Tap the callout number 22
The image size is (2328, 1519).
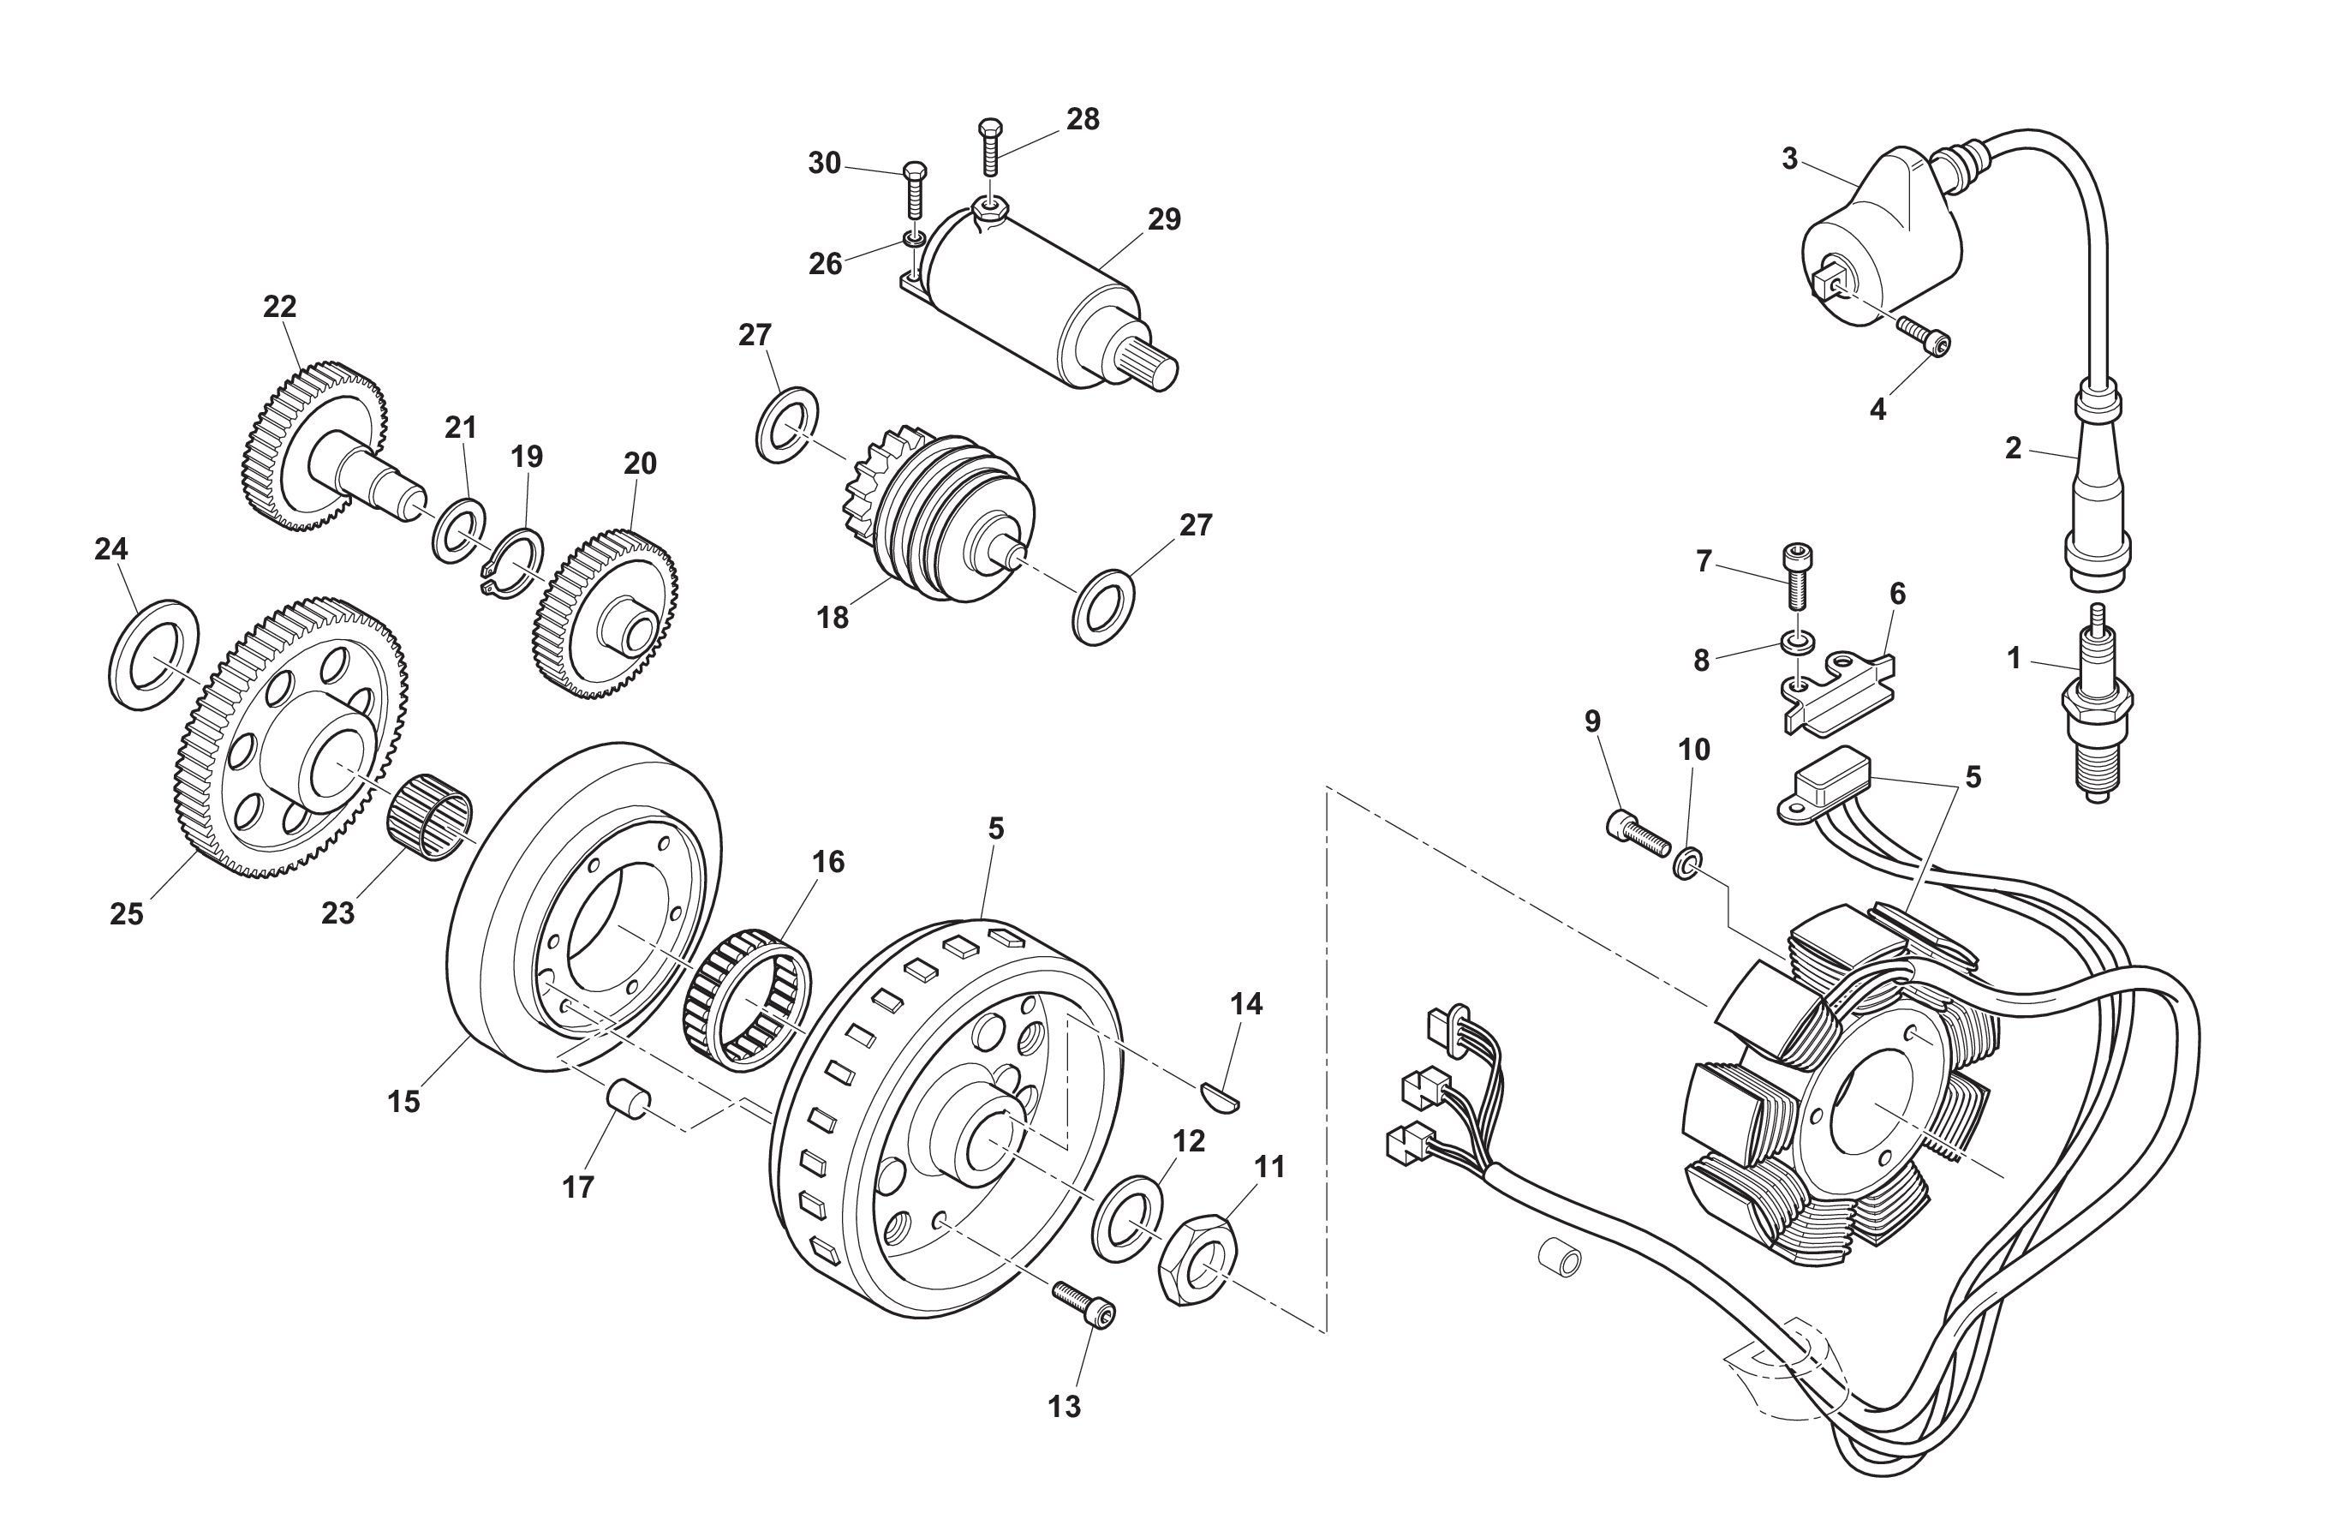click(x=280, y=307)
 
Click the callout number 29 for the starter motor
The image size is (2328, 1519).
click(x=1164, y=219)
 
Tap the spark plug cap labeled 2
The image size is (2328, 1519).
click(x=2095, y=489)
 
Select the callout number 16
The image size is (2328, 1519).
click(x=827, y=862)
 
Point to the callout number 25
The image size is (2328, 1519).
click(x=126, y=913)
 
